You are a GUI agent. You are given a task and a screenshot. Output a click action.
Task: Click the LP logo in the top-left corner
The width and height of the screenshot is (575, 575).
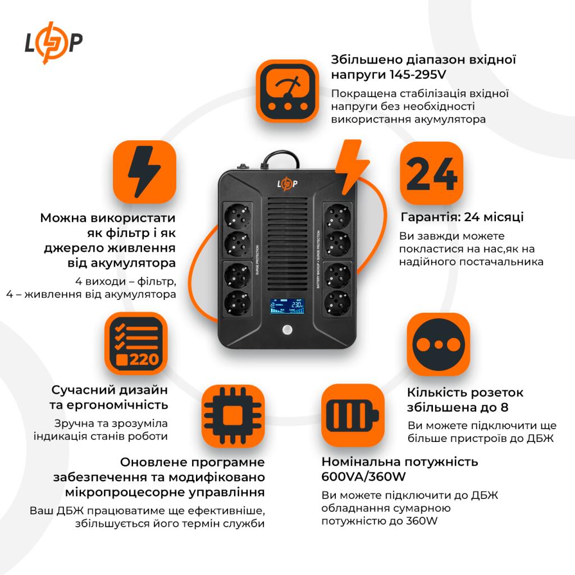coord(53,43)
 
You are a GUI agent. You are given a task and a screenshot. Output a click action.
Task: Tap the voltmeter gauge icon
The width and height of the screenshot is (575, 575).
coord(287,91)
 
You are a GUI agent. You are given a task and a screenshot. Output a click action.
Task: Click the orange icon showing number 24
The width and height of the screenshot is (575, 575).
coord(431,173)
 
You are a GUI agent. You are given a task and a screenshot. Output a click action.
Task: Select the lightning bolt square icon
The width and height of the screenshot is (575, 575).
coord(144,172)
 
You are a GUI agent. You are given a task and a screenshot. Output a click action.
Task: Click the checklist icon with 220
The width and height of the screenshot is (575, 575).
coord(136,344)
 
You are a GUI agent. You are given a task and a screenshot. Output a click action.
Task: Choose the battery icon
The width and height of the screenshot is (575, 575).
coord(352,415)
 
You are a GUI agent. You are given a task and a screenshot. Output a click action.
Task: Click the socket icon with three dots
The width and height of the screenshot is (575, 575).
coord(438,344)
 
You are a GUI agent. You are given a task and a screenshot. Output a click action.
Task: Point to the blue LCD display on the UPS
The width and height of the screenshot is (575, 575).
coord(286,306)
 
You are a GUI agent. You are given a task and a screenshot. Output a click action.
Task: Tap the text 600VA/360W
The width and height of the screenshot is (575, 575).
coord(364,477)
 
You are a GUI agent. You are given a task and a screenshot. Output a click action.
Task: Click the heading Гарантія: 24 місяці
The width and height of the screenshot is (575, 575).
coord(462,217)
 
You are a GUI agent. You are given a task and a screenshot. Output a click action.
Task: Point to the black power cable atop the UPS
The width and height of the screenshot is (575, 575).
coord(279,157)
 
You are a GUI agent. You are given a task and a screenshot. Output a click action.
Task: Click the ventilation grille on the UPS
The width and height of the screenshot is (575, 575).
coord(287,241)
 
